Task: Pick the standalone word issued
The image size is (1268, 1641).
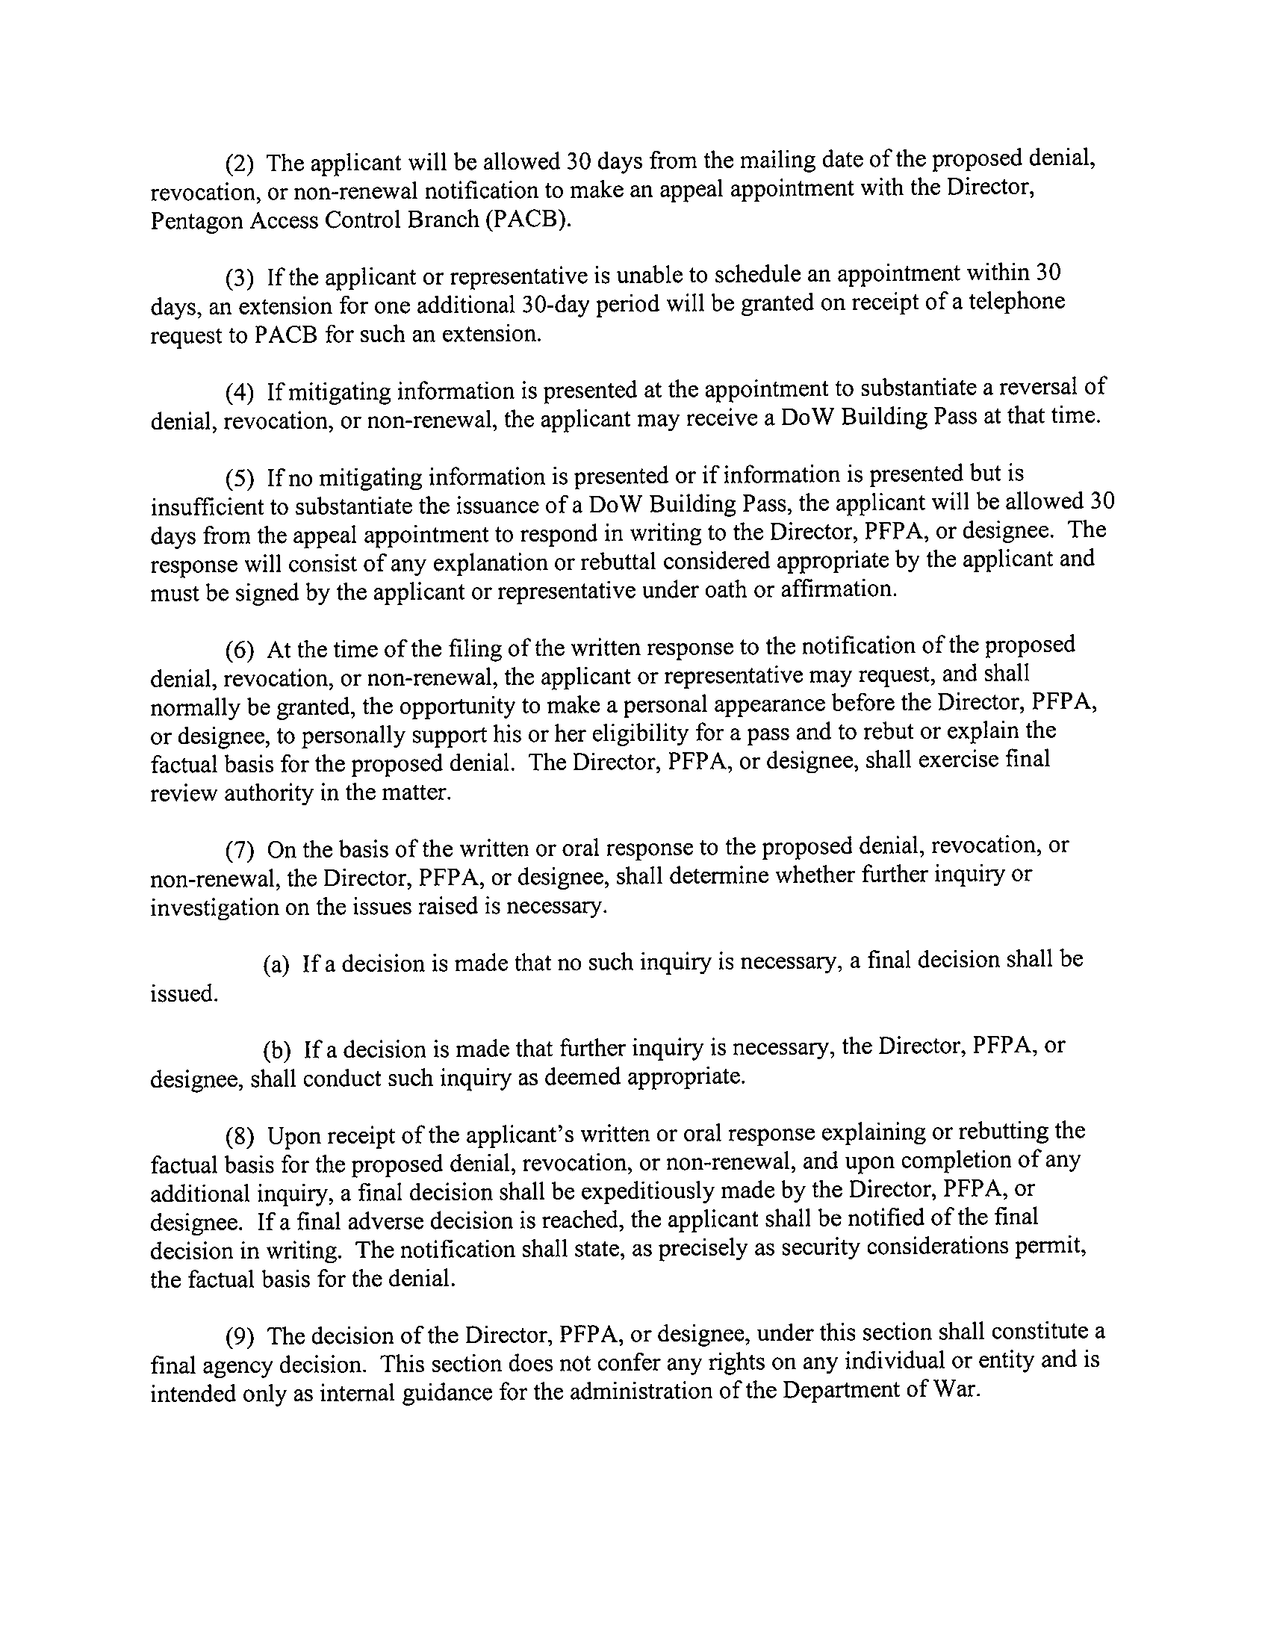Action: (x=184, y=994)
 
